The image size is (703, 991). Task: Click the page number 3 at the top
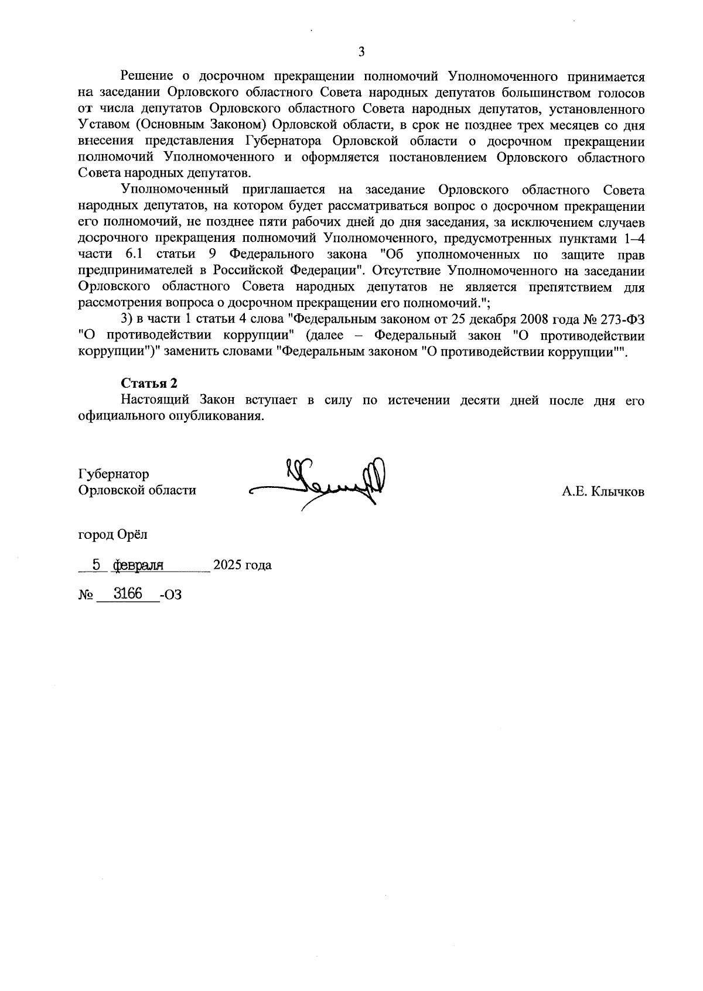[361, 52]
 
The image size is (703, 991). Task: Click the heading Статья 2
[149, 383]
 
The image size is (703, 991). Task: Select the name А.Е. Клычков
[603, 492]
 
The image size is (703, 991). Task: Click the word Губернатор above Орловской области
[113, 474]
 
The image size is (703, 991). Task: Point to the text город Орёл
[113, 535]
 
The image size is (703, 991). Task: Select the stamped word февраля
[138, 565]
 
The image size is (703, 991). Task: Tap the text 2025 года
[242, 566]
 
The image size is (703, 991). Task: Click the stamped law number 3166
[128, 593]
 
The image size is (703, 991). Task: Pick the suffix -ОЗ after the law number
[170, 595]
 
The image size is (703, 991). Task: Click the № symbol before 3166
[86, 595]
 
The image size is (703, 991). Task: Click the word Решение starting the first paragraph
[146, 76]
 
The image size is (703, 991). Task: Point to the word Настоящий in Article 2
[154, 401]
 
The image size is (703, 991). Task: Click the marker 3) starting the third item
[127, 320]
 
